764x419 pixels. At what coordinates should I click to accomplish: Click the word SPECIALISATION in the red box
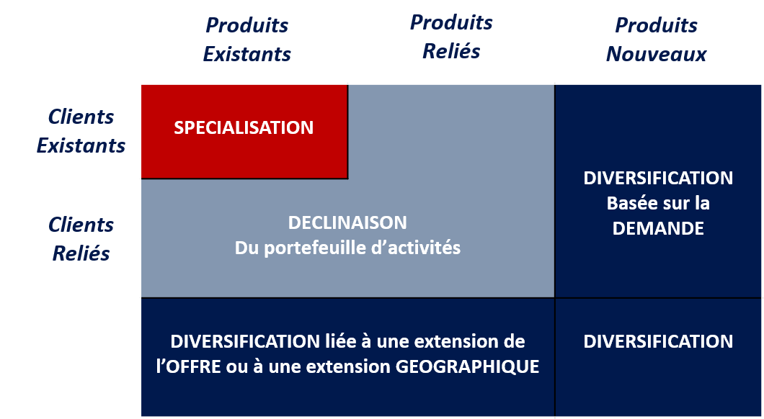(x=244, y=128)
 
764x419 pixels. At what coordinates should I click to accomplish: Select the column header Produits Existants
(x=247, y=40)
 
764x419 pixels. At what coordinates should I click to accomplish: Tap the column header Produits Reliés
(x=451, y=37)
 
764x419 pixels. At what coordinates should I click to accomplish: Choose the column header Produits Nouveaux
(x=656, y=40)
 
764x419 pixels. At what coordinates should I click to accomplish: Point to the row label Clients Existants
(x=81, y=131)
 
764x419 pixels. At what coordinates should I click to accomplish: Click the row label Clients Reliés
(x=81, y=239)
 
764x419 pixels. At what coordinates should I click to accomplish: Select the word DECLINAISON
(x=347, y=222)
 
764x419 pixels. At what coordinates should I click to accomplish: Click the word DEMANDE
(x=658, y=229)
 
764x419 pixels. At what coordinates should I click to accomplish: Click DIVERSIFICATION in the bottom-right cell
(x=658, y=341)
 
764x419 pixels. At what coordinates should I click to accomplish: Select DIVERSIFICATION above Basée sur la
(x=658, y=178)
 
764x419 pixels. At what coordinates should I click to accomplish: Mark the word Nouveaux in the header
(x=656, y=55)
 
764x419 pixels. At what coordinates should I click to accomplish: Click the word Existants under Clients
(x=81, y=145)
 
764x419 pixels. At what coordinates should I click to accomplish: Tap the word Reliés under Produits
(x=451, y=52)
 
